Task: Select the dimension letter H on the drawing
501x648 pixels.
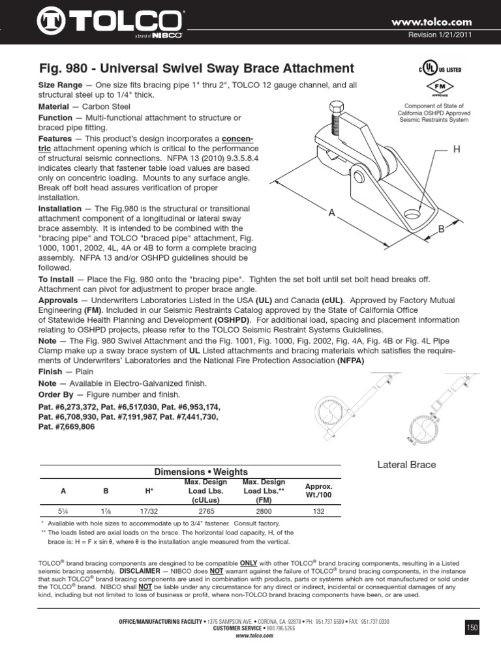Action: pos(457,150)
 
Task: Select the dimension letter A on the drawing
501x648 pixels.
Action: pos(332,213)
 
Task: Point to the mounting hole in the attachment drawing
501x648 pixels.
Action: pos(410,214)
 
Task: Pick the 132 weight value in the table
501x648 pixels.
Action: pos(319,512)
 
